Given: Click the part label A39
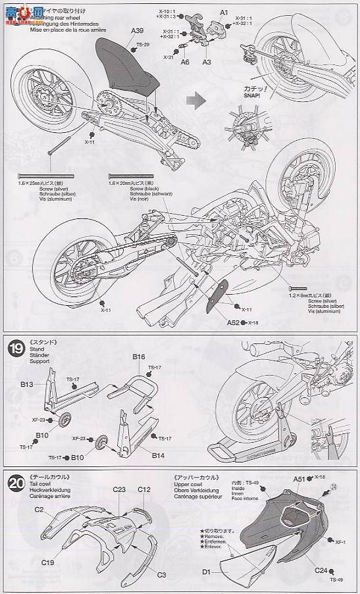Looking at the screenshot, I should [x=137, y=30].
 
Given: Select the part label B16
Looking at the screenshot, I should [x=138, y=357].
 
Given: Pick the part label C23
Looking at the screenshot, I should [x=119, y=489].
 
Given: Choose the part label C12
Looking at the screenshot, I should [x=144, y=489].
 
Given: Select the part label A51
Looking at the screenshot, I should [x=300, y=480].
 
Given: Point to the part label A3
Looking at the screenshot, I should [x=206, y=61].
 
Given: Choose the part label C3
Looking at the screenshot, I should [x=161, y=574].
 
